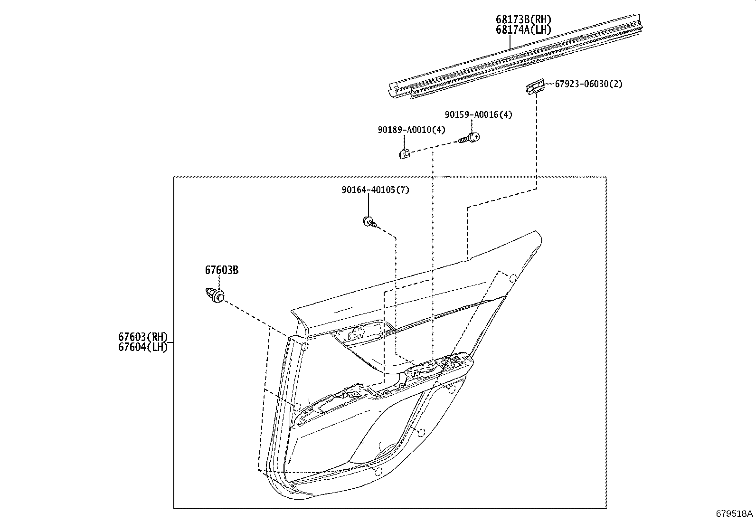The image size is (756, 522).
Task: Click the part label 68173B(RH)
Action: [x=524, y=19]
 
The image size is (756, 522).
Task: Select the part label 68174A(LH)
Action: [x=523, y=30]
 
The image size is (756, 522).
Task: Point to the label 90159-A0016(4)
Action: [x=478, y=114]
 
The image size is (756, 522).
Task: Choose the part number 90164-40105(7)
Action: [x=375, y=190]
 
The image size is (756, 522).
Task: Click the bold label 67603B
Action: [x=222, y=270]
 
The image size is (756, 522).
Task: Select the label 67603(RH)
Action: [x=143, y=337]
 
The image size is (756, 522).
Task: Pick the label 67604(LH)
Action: [x=143, y=347]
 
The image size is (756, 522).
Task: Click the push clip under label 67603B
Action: [x=216, y=294]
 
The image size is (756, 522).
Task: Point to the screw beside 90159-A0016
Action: [x=470, y=138]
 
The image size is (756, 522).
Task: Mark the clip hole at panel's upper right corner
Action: [x=513, y=278]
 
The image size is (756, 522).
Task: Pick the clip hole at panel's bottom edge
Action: [x=378, y=471]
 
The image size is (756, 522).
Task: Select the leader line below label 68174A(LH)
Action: [x=510, y=42]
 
